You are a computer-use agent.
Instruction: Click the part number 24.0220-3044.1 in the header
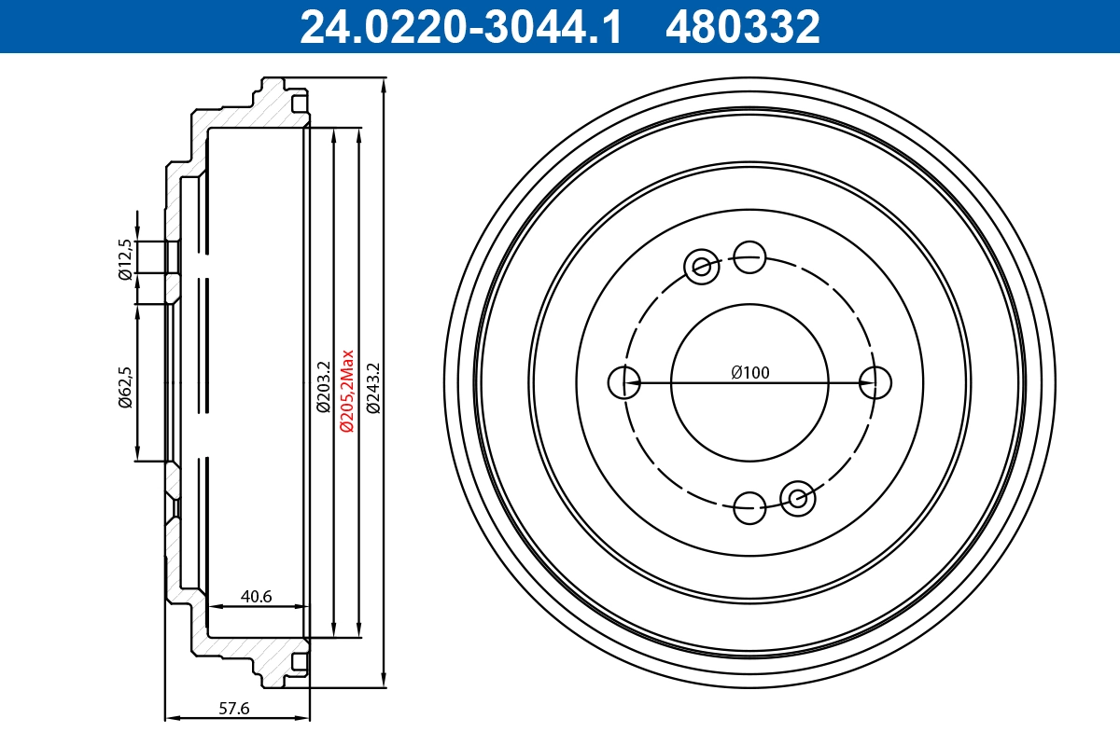tap(459, 26)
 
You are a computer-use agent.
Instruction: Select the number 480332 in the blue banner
tap(742, 26)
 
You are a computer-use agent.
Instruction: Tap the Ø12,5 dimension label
tap(123, 258)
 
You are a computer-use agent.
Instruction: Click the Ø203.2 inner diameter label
tap(323, 386)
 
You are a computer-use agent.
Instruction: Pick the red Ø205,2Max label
tap(346, 390)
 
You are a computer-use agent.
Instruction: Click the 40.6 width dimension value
tap(256, 596)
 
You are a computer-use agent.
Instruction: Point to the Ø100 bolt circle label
tap(750, 373)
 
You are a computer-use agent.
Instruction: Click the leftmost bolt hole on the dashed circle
tap(623, 381)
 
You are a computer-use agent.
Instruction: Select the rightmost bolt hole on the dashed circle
tap(875, 381)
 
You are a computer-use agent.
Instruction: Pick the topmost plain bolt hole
tap(749, 256)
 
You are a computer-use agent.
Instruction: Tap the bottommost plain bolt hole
tap(749, 508)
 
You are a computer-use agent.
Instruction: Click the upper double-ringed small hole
tap(701, 268)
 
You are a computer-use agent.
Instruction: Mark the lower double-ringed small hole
tap(798, 498)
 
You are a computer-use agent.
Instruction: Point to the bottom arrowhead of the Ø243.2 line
tap(385, 681)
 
